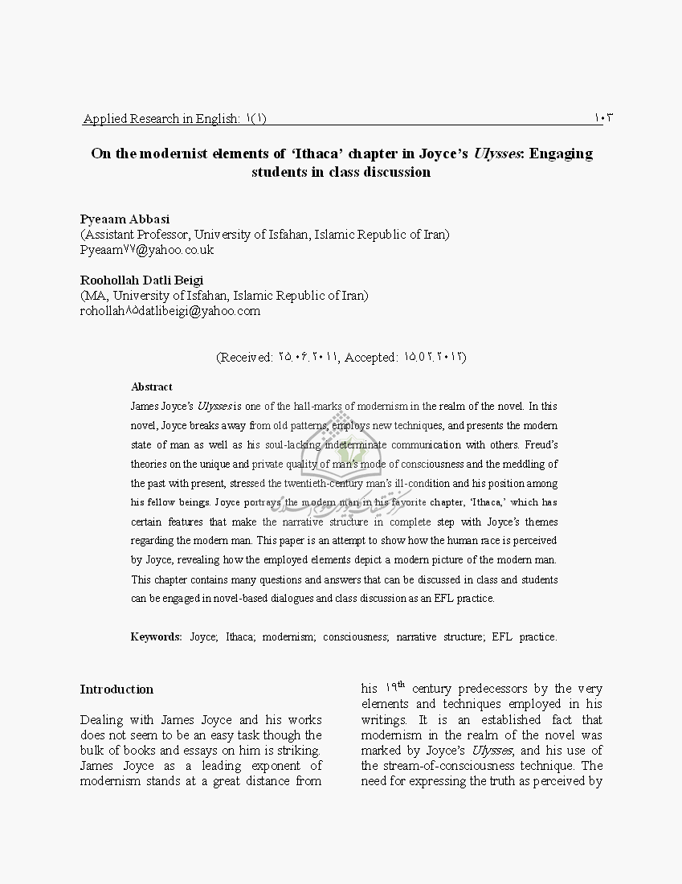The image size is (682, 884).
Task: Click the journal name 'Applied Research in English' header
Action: pyautogui.click(x=161, y=119)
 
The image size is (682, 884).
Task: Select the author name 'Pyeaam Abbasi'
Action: pyautogui.click(x=125, y=219)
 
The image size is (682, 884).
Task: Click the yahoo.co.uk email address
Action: pyautogui.click(x=146, y=250)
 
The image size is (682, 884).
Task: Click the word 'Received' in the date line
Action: pyautogui.click(x=247, y=357)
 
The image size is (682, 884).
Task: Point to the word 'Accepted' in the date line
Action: pyautogui.click(x=371, y=357)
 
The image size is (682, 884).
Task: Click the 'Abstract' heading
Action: pyautogui.click(x=152, y=387)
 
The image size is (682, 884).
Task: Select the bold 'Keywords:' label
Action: pyautogui.click(x=157, y=636)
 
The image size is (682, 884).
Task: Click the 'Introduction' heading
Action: pyautogui.click(x=116, y=689)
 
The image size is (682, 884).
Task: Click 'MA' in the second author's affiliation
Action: pyautogui.click(x=93, y=295)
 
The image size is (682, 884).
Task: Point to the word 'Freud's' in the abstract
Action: pyautogui.click(x=541, y=444)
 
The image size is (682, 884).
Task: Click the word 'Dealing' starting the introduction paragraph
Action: pyautogui.click(x=101, y=719)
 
